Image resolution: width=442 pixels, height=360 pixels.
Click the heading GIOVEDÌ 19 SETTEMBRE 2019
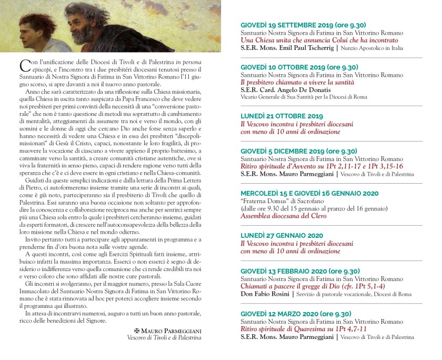point(303,25)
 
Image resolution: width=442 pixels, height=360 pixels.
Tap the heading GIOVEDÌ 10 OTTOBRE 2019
point(299,67)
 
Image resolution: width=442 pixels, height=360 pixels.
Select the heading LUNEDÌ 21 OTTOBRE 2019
point(282,116)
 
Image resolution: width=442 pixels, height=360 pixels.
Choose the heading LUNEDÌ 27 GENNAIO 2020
point(282,236)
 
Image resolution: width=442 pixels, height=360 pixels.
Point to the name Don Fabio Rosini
point(264,293)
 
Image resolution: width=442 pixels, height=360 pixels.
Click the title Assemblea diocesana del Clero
point(284,216)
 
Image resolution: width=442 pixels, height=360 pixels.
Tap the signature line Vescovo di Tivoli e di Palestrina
point(164,337)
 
